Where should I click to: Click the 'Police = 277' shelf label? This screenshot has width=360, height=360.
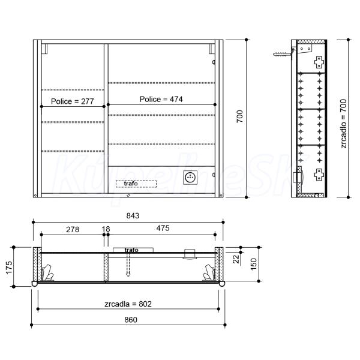point(73,101)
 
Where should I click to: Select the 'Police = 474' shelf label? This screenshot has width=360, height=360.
point(161,99)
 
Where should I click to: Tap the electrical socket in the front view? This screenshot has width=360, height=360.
point(190,177)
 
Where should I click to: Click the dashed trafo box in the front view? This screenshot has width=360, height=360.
point(136,184)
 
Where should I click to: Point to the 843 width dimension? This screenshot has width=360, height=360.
point(133,215)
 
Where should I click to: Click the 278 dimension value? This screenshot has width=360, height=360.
point(73,229)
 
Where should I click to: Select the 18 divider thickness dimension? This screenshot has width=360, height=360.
point(106,229)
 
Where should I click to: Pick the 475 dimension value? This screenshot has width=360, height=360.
point(163,228)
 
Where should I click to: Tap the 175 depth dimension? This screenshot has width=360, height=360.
point(9,267)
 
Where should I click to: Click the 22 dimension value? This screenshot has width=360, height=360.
point(236,259)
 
